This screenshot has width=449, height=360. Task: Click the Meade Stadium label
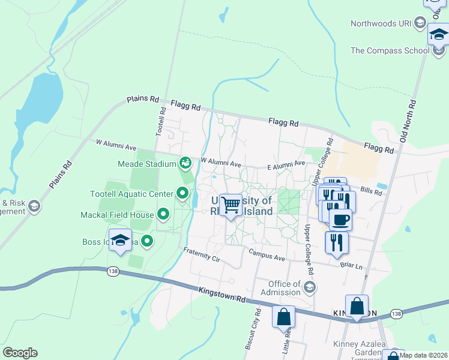(148, 163)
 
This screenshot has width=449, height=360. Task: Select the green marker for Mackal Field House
(163, 214)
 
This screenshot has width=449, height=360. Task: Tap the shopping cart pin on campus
(231, 206)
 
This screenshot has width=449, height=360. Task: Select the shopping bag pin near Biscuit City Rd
(283, 316)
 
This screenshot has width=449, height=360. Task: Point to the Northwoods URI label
(382, 23)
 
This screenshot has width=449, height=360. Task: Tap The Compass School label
(390, 50)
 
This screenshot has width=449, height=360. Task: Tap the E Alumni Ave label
(286, 163)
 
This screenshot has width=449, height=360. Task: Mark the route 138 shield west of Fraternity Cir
(112, 272)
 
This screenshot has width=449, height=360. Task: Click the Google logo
(20, 352)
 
